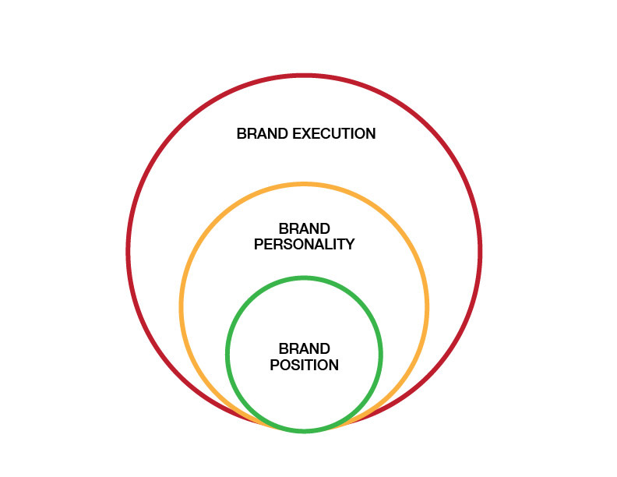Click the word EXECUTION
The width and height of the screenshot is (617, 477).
333,134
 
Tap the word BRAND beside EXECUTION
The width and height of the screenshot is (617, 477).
263,134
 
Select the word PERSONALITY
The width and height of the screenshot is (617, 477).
304,245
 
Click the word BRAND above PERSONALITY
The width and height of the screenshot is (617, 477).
304,228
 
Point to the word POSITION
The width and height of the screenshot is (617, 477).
304,365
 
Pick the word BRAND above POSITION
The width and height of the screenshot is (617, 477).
304,348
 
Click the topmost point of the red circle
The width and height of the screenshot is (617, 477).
304,75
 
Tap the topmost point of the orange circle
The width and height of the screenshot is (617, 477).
304,184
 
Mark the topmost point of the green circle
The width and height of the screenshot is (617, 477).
304,277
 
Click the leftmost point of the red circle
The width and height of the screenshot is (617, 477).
128,251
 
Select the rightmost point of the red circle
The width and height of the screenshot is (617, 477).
481,251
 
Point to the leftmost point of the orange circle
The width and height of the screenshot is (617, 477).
181,306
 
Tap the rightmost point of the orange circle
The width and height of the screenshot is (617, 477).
428,306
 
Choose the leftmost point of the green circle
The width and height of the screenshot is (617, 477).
227,354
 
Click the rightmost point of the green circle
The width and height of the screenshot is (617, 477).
381,354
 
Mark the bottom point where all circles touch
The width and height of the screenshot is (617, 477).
304,431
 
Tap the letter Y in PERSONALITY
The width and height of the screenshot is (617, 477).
350,245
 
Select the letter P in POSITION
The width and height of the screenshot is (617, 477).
274,365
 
